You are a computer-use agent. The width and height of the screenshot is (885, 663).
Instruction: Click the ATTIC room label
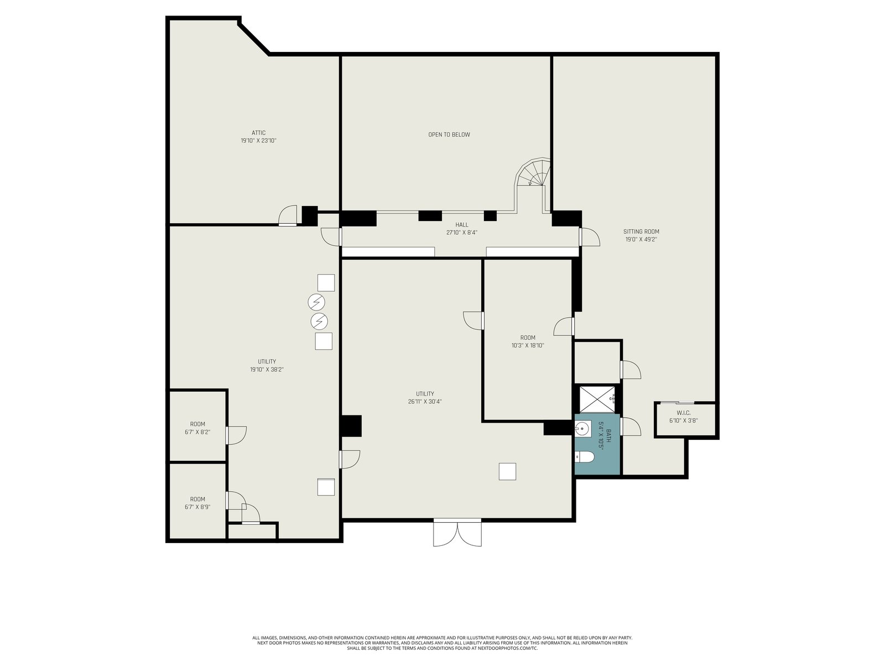coord(258,133)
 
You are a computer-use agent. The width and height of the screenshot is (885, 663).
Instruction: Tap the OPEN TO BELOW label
coord(449,135)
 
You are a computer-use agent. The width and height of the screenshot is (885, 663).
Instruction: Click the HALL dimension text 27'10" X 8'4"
coord(462,233)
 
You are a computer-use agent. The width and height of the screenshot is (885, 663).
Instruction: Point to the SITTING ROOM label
coord(641,231)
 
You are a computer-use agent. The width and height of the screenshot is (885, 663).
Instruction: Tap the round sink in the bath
coord(582,428)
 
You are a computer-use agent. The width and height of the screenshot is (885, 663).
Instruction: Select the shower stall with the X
coord(597,399)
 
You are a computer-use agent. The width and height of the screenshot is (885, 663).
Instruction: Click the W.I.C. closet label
coord(684,413)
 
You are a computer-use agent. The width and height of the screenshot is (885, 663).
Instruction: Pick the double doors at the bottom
coord(457,533)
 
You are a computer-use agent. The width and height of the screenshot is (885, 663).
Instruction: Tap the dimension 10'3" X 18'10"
coord(528,345)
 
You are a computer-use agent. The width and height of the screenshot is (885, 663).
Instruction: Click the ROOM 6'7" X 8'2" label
coord(197,428)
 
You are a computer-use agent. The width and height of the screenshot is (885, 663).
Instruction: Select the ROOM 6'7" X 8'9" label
coord(197,503)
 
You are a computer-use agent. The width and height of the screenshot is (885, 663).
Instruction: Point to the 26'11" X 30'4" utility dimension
coord(425,401)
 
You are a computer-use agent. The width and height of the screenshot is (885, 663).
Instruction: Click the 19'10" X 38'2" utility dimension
coord(267,370)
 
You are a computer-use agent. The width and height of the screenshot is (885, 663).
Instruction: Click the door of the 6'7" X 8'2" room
coord(236,435)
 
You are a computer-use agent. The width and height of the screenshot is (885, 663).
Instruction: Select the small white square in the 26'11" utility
coord(507,472)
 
